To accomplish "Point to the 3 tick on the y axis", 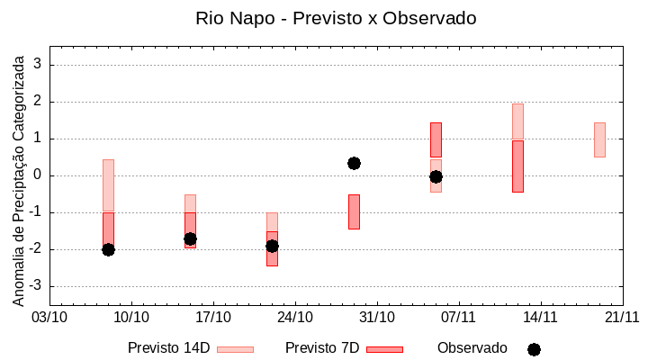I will tap(39, 65).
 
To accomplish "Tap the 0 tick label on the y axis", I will tap(39, 175).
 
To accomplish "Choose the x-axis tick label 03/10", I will tap(50, 317).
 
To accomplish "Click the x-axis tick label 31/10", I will tap(377, 317).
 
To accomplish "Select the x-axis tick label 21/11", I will tap(622, 317).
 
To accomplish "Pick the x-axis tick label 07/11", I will tap(459, 317).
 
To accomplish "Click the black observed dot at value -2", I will tap(108, 249).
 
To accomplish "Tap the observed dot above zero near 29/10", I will tap(354, 163).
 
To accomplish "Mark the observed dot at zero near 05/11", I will tap(436, 176).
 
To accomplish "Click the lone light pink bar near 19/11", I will tap(599, 139).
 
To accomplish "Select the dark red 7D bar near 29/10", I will tap(354, 211).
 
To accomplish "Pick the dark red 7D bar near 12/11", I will tap(517, 166).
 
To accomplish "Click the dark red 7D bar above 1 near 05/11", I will tap(436, 139).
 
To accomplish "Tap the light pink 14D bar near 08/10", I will tap(108, 185).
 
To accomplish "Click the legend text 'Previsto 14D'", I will tap(168, 348).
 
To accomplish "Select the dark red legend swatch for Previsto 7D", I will tap(384, 349).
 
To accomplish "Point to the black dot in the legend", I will tap(534, 349).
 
